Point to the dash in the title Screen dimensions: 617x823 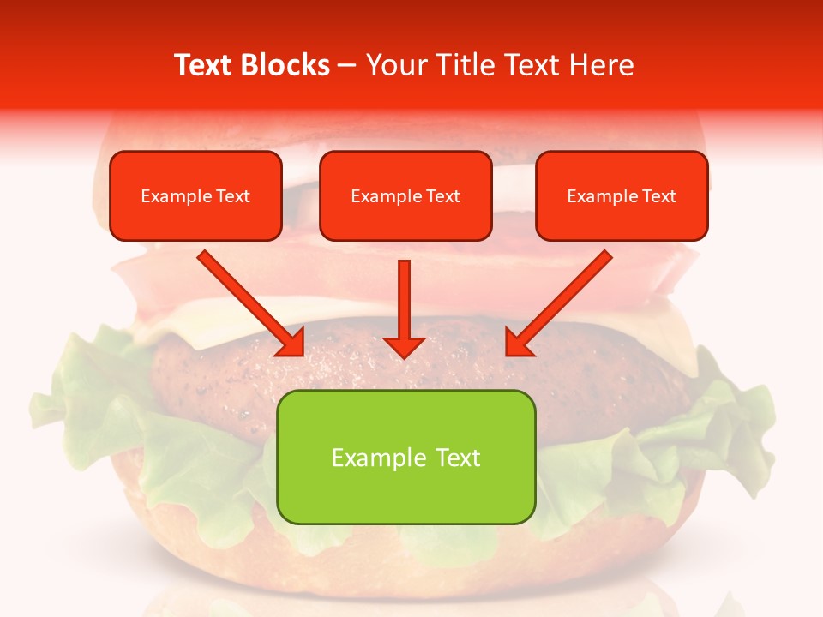(347, 66)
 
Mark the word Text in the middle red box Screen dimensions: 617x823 (442, 196)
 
